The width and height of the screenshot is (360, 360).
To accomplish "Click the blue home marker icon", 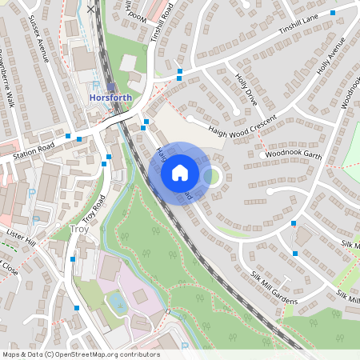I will tap(180, 172).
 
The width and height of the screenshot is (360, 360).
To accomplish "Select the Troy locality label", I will tap(79, 230).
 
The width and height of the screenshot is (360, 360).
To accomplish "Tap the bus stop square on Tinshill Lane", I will tap(179, 72).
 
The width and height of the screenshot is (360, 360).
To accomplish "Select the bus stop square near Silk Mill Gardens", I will tap(295, 254).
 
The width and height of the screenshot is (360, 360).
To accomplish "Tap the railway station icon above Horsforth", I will tap(110, 87).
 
